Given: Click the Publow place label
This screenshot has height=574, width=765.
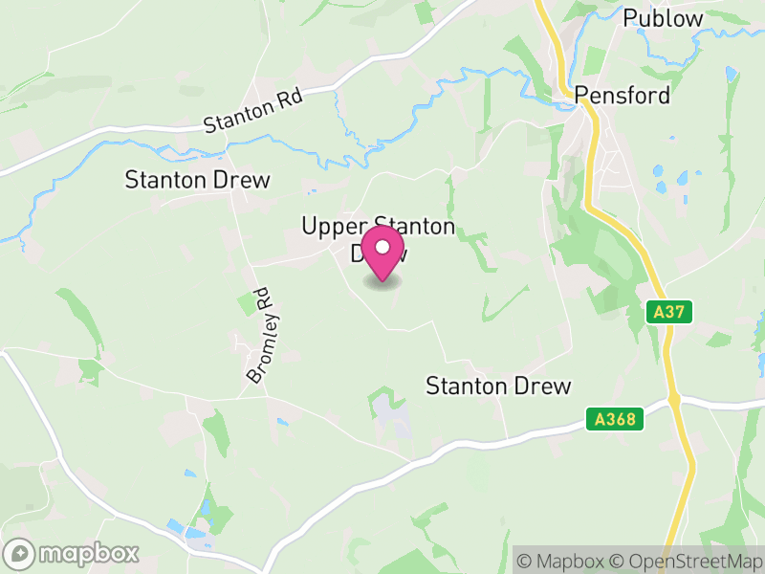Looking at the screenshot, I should (663, 18).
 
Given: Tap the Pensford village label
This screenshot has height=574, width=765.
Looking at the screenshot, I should (622, 97).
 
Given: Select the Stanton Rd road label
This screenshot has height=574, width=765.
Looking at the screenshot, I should (252, 110).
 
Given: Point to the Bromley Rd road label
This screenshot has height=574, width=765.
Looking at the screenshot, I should (260, 337).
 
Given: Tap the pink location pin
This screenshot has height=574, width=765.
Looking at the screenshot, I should (382, 254).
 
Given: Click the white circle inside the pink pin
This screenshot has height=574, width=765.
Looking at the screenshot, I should (382, 249).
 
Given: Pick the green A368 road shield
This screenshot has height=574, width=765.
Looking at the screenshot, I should (611, 418).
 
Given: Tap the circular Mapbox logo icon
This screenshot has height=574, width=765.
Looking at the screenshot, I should (20, 553).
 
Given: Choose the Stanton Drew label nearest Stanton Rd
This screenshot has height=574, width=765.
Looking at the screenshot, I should (198, 180).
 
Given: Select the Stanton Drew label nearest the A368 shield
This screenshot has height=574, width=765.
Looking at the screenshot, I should (497, 386).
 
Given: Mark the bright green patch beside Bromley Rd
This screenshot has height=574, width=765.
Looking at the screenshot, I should (248, 304).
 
